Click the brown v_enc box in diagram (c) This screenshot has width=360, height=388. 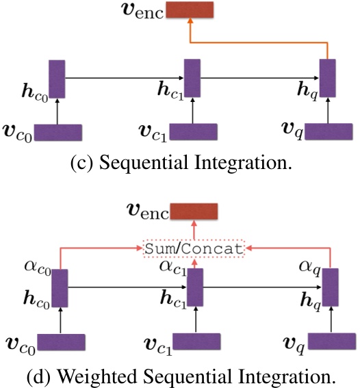coord(190,10)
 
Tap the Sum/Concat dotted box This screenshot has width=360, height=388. coord(194,248)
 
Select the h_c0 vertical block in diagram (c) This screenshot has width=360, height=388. coord(57,79)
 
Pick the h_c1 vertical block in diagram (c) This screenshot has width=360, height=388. coord(192,79)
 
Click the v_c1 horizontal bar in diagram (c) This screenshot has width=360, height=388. coord(194,132)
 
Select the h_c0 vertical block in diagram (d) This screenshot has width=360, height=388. coord(60,287)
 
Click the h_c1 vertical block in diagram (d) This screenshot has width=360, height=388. coord(195,287)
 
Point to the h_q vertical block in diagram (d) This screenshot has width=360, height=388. coord(330,287)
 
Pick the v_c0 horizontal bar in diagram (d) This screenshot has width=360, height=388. coord(60,342)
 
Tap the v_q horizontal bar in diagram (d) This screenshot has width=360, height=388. coord(330,342)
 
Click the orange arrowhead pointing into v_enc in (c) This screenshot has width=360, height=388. coord(190,24)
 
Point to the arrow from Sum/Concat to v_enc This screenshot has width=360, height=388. coord(194,230)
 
